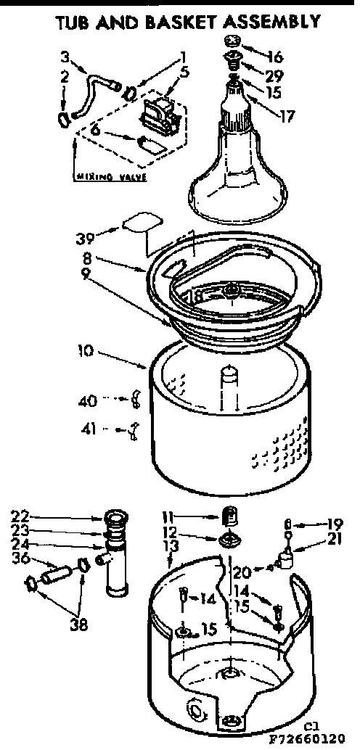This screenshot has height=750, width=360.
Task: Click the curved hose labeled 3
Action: [x=95, y=90]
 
